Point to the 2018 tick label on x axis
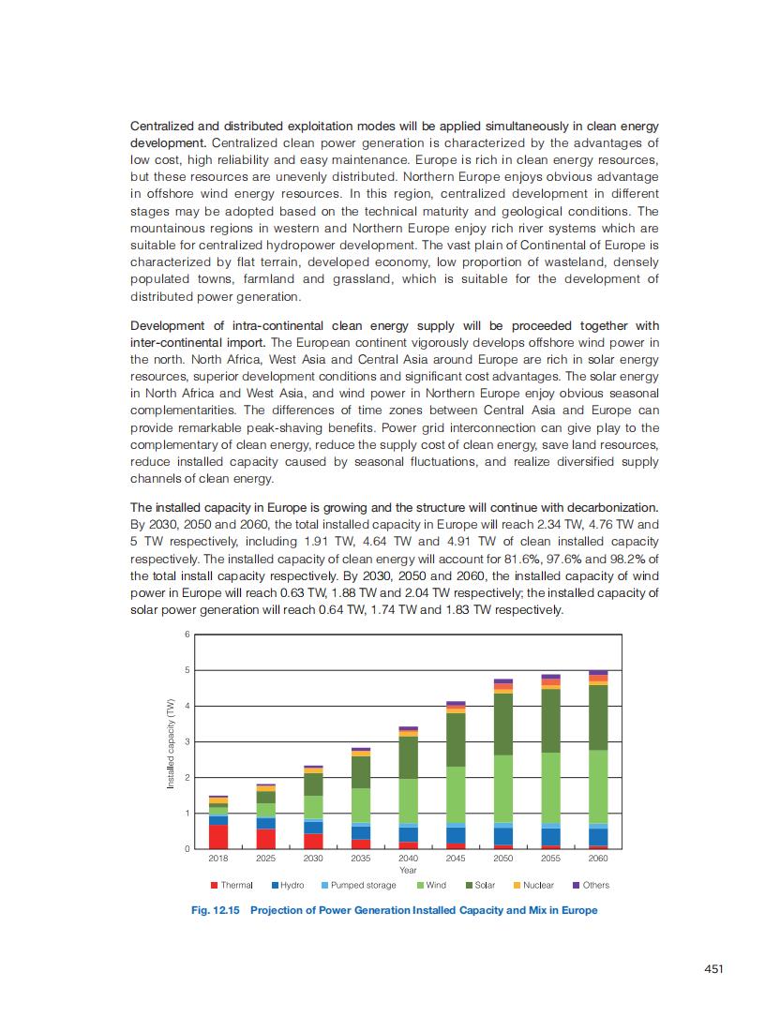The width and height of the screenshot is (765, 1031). coord(218,858)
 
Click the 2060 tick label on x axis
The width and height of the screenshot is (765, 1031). coord(598,858)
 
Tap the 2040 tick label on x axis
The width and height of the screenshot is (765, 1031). coord(408,858)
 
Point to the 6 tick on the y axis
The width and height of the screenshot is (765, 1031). coord(187,635)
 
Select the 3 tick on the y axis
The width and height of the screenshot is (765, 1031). coord(187,741)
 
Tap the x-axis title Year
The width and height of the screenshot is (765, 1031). coord(408,869)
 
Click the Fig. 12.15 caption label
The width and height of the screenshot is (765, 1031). coord(216,910)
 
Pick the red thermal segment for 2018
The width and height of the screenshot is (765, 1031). coord(218,836)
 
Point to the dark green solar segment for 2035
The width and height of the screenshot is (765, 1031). coord(361,772)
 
